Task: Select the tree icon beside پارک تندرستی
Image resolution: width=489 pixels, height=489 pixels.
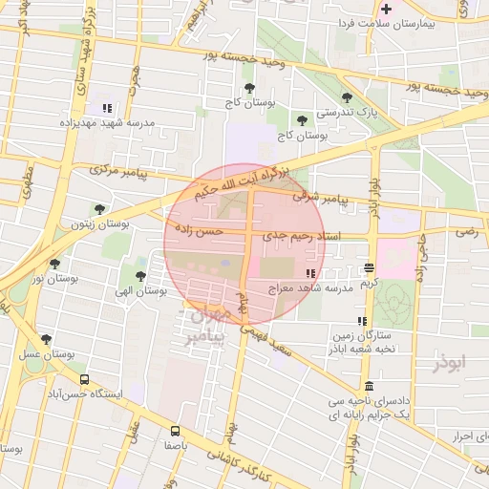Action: (346, 96)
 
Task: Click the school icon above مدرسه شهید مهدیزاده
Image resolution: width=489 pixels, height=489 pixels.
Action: (107, 108)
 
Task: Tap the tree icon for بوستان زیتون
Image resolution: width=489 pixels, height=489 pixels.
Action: (99, 209)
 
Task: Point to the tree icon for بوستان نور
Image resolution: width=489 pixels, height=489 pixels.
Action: (54, 263)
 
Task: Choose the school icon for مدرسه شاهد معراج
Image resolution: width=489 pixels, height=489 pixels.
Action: (308, 273)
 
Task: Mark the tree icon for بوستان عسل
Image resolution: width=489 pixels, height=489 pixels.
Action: (46, 339)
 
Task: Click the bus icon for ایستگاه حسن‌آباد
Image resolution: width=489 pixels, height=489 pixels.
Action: (85, 380)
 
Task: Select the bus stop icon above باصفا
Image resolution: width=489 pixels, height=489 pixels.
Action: (174, 431)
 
